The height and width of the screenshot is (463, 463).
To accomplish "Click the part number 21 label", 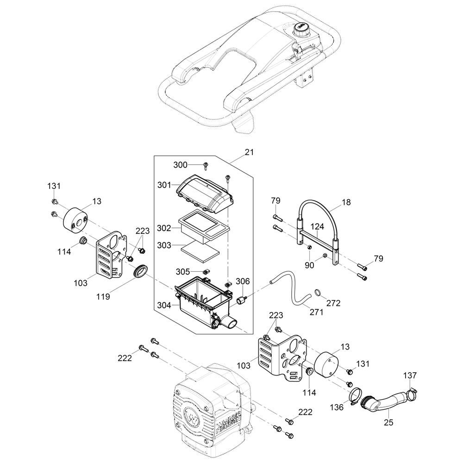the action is tap(249, 152).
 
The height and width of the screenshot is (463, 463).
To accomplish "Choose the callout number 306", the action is tap(243, 281).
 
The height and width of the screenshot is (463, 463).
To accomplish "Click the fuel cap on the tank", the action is tap(300, 27).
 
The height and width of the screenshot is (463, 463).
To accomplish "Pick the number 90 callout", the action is tap(309, 265).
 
